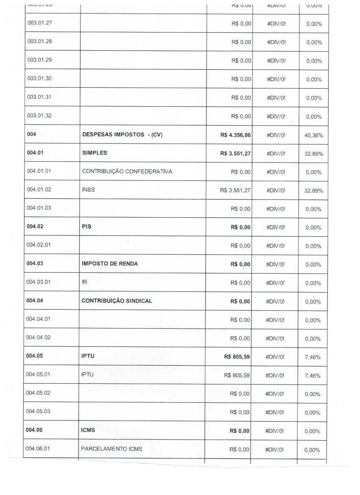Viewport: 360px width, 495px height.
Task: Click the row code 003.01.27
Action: click(x=39, y=23)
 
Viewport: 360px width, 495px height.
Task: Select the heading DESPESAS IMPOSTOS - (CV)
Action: click(x=122, y=135)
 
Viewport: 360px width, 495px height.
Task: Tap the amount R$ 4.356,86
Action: click(x=236, y=135)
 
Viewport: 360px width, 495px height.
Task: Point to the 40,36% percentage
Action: click(x=314, y=136)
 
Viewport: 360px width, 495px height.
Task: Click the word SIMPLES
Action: click(x=92, y=153)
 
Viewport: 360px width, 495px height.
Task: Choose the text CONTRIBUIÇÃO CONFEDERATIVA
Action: click(x=127, y=171)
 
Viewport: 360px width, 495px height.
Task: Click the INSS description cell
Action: click(x=88, y=190)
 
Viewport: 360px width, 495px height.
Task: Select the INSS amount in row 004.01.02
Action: click(x=235, y=191)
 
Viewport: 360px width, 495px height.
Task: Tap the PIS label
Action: click(x=86, y=227)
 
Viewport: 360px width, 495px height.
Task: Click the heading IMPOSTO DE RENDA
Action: click(x=110, y=264)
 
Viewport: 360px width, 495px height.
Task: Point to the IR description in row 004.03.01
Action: click(x=84, y=282)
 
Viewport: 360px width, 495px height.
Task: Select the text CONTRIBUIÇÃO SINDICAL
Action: click(x=117, y=301)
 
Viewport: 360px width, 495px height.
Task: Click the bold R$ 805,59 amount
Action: click(x=237, y=357)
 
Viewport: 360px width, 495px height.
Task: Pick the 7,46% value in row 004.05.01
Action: click(x=313, y=376)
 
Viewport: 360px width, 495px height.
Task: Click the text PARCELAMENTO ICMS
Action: click(x=111, y=449)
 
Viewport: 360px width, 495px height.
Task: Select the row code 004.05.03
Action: click(x=38, y=412)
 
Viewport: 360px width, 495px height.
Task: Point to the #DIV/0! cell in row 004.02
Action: click(x=276, y=227)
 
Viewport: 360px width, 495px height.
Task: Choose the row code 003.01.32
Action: click(x=39, y=116)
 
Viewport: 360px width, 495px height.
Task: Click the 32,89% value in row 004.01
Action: click(x=314, y=154)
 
